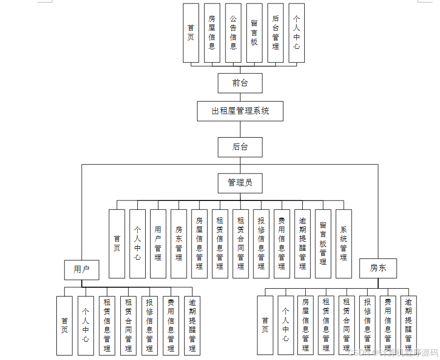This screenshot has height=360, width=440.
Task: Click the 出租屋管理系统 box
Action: (240, 111)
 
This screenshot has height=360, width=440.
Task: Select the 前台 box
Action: (240, 83)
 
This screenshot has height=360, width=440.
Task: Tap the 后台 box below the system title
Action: (240, 147)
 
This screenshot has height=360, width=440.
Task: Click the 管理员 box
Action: (240, 183)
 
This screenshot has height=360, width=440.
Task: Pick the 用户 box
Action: (81, 270)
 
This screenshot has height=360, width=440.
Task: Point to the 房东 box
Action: (378, 268)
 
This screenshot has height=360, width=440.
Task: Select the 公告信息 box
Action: (233, 33)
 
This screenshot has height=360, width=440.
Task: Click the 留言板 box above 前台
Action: (254, 33)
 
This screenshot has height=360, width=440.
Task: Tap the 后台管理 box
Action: (275, 33)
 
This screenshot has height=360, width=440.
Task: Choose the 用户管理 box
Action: (158, 244)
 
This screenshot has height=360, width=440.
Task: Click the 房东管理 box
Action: (179, 244)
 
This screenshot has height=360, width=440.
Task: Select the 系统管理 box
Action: (344, 244)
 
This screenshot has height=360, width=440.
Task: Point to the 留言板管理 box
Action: (323, 244)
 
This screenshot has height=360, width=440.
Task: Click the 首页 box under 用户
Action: (64, 326)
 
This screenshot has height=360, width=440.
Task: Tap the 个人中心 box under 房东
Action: (285, 326)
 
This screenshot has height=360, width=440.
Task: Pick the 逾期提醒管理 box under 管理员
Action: (302, 244)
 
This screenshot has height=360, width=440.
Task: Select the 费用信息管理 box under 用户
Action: (171, 326)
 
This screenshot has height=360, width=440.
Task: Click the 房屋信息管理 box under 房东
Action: (306, 326)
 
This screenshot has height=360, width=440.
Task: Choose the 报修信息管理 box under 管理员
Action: (261, 244)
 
